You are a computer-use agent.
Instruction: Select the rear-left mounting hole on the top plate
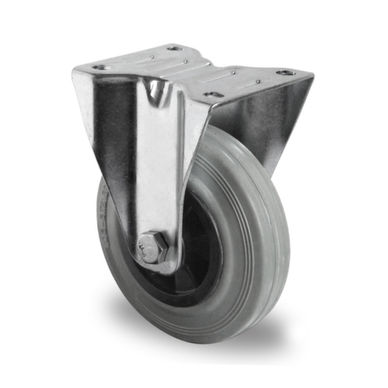tap(173, 48)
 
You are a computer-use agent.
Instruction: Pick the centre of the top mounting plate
tap(194, 70)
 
